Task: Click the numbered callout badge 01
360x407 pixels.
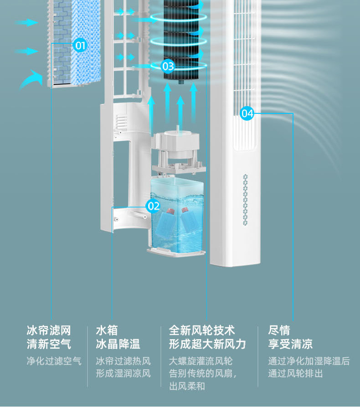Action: pyautogui.click(x=80, y=45)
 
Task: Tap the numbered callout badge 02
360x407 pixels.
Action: pyautogui.click(x=153, y=206)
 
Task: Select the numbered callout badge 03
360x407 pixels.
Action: pyautogui.click(x=168, y=66)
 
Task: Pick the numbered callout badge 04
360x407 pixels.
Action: pyautogui.click(x=247, y=113)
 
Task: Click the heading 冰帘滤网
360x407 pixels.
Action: pyautogui.click(x=49, y=330)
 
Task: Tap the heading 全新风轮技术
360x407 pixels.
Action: pyautogui.click(x=201, y=330)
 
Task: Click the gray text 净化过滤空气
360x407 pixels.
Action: pyautogui.click(x=54, y=361)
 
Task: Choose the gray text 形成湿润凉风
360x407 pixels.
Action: pyautogui.click(x=123, y=374)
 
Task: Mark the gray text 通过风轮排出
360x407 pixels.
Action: pyautogui.click(x=295, y=374)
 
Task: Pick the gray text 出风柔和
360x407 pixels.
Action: pyautogui.click(x=187, y=387)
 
